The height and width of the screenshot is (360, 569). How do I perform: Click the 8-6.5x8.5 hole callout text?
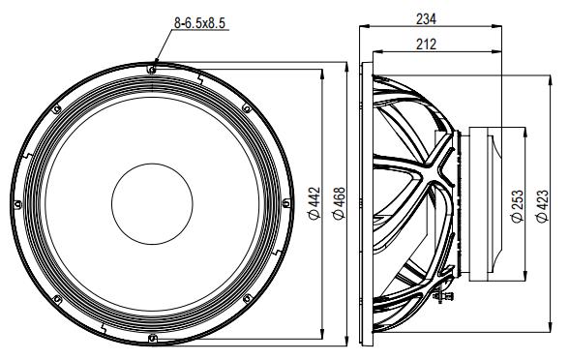201,22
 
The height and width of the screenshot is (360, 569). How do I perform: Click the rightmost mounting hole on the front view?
287,202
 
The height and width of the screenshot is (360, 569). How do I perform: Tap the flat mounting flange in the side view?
364,202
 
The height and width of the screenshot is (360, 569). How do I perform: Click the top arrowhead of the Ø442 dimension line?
320,69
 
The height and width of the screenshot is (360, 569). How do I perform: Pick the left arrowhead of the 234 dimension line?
363,26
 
